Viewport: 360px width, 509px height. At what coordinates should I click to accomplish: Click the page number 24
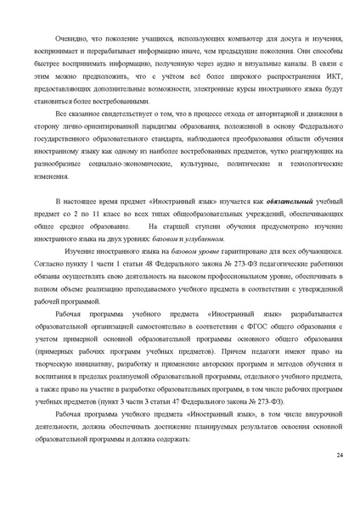coord(339,456)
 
